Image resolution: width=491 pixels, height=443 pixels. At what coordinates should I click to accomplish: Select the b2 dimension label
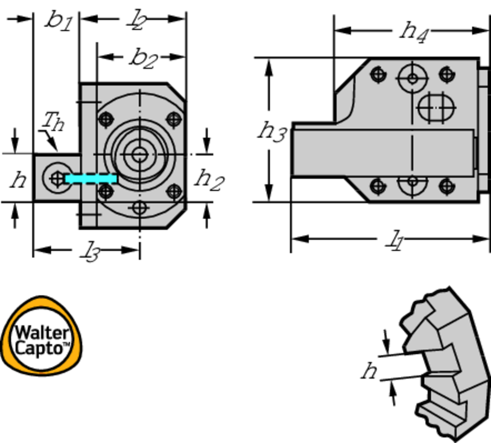coord(143,58)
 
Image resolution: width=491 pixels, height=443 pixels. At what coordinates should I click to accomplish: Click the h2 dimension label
coord(209,179)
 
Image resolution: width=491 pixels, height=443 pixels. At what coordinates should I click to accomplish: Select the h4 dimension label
coord(414,32)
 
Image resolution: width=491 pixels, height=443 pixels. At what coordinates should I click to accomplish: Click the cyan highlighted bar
coord(91,179)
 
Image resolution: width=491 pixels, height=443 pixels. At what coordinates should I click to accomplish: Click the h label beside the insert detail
coord(369,371)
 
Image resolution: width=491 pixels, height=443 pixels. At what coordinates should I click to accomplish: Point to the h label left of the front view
coord(18,180)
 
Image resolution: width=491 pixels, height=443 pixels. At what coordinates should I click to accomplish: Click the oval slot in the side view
coord(436,107)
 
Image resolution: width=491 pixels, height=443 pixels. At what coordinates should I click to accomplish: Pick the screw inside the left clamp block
coord(57,179)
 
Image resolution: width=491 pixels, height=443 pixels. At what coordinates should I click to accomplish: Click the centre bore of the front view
coord(140,154)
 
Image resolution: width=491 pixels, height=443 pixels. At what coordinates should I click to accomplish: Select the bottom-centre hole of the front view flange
coord(140,208)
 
